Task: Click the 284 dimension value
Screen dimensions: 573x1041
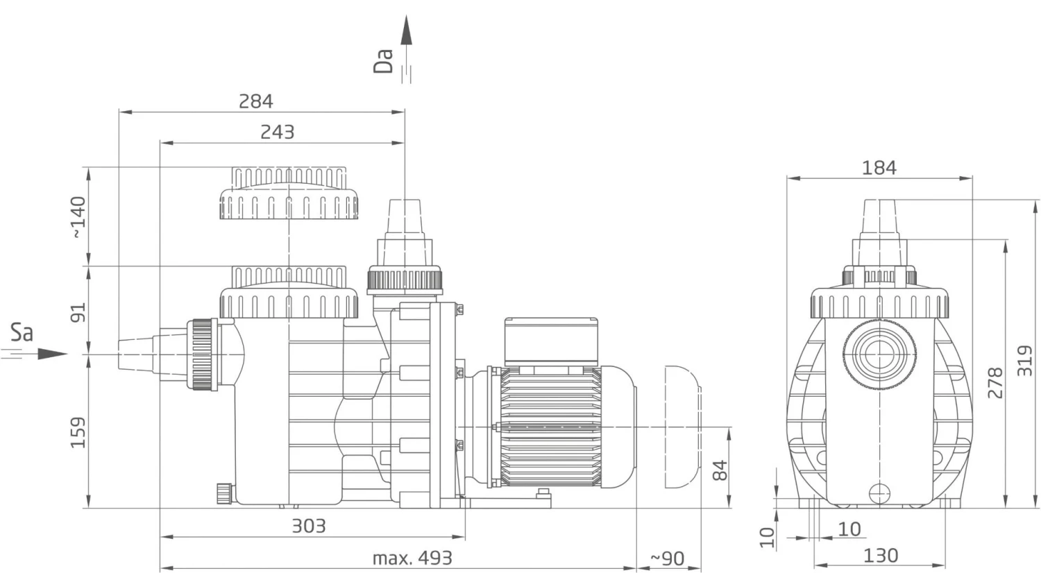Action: point(256,101)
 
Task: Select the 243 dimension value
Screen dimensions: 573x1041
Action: point(277,132)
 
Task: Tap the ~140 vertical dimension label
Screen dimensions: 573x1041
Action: point(78,216)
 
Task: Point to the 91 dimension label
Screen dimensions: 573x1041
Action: point(78,312)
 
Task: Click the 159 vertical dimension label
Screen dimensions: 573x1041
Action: point(78,431)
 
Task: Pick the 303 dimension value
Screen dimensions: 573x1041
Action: point(308,526)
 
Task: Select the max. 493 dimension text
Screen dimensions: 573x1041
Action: point(412,558)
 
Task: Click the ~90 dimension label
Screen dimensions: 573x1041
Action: point(667,558)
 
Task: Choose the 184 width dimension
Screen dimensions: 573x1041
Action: point(879,168)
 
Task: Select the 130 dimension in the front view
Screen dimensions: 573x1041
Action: point(880,556)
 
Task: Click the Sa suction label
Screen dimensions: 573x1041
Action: point(22,333)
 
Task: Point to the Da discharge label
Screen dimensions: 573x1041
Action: point(383,60)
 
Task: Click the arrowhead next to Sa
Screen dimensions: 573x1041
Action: point(51,354)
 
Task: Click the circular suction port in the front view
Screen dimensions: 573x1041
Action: point(879,354)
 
